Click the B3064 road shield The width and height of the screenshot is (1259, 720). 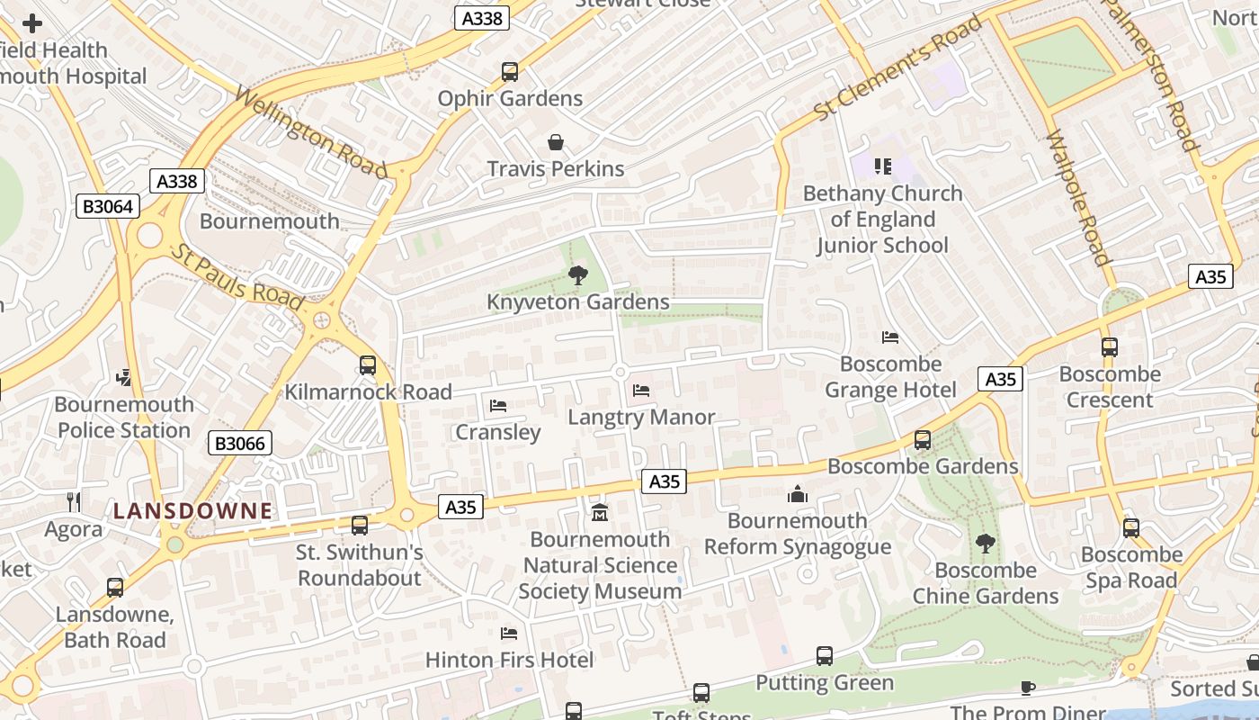point(108,206)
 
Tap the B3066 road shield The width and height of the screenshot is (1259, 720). point(240,443)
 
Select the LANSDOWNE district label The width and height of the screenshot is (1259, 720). point(192,511)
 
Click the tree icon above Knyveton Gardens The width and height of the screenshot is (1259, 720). point(577,275)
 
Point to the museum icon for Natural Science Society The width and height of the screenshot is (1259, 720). point(600,513)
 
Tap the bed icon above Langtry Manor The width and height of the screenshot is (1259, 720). point(641,391)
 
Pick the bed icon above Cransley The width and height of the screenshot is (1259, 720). point(498,406)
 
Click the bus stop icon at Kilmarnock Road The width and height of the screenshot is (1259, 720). point(368,365)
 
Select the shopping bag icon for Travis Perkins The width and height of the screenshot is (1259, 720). point(556,142)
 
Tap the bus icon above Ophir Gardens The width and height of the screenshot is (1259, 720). point(510,72)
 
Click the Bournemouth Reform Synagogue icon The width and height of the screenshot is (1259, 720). point(798,494)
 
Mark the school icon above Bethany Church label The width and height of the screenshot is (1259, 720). point(883,166)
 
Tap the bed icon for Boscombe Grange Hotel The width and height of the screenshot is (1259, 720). point(890,337)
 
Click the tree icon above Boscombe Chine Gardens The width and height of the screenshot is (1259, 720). point(986,544)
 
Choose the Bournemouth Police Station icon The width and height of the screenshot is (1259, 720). point(124,378)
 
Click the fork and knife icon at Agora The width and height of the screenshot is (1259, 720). point(74,501)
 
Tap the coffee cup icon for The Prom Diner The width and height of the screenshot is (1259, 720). point(1028,688)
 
